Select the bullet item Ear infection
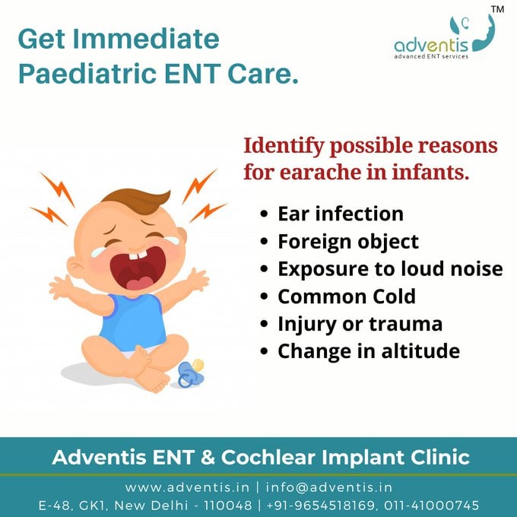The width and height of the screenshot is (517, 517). (x=340, y=213)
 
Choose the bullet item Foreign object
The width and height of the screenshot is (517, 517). (x=348, y=241)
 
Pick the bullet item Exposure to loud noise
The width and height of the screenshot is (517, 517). (x=390, y=268)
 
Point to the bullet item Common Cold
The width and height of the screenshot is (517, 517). (x=347, y=296)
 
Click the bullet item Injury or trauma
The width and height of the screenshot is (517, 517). (x=360, y=323)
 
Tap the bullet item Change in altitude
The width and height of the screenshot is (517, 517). (x=369, y=350)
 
